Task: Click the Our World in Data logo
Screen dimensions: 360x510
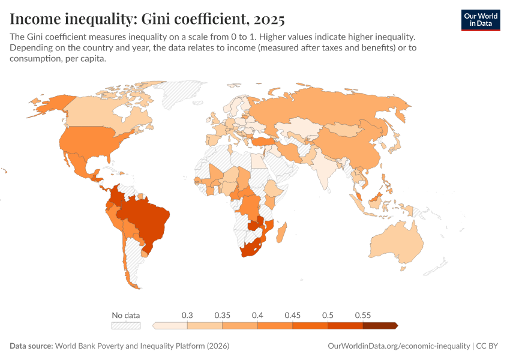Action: pyautogui.click(x=480, y=19)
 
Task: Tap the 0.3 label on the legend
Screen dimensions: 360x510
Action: pyautogui.click(x=187, y=315)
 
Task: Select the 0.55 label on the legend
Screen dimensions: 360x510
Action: pyautogui.click(x=362, y=315)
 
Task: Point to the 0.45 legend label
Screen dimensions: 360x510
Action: pyautogui.click(x=292, y=315)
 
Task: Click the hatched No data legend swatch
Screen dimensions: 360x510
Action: pyautogui.click(x=126, y=326)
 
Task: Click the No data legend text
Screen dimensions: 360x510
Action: pyautogui.click(x=126, y=315)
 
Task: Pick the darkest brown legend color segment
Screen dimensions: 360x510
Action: pyautogui.click(x=379, y=326)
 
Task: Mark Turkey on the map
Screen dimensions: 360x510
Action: pyautogui.click(x=264, y=142)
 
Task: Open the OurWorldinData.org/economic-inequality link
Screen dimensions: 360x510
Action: pyautogui.click(x=399, y=346)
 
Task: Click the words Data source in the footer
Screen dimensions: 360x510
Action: pyautogui.click(x=31, y=346)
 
